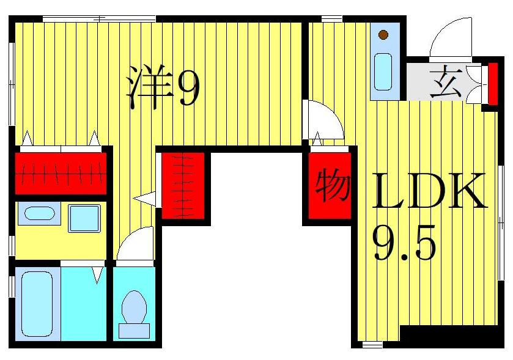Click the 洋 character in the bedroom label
(x=150, y=87)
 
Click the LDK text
(x=430, y=191)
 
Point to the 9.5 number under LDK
(x=404, y=243)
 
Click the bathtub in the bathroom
(x=37, y=304)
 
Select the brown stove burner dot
(x=383, y=34)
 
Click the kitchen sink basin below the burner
(x=383, y=72)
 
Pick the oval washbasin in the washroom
(x=39, y=213)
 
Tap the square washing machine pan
(x=84, y=218)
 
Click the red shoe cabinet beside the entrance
(x=493, y=84)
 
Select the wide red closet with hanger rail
(x=61, y=174)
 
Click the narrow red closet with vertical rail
(x=183, y=185)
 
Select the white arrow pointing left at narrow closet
(x=144, y=199)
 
